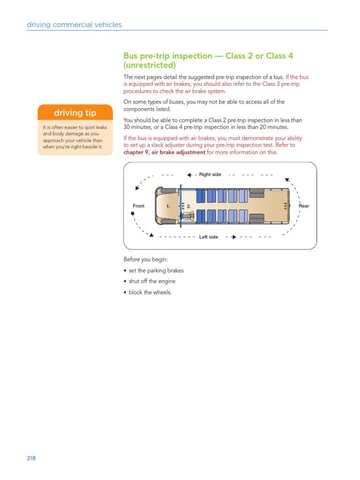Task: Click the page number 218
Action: (31, 458)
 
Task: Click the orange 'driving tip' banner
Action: (75, 113)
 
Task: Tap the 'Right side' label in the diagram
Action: (210, 174)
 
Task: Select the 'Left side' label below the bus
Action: (209, 237)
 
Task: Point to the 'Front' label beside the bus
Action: (139, 206)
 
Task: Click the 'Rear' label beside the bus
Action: (304, 206)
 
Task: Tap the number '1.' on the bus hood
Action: (168, 206)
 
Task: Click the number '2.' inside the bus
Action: (189, 206)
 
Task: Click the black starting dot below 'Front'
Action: (133, 213)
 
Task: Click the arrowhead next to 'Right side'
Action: (189, 175)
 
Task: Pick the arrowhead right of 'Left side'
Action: (233, 237)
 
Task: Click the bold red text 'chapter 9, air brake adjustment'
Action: (165, 152)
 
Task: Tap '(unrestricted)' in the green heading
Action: (150, 65)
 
